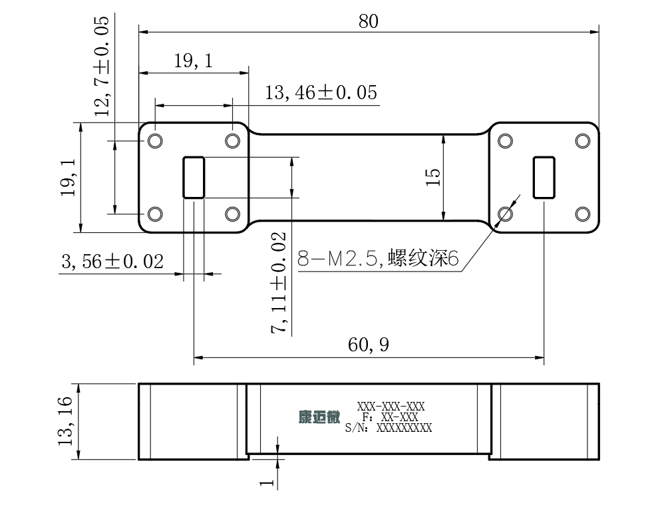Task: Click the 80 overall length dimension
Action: (368, 21)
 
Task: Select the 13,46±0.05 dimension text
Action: (321, 92)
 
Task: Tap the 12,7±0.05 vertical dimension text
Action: (102, 67)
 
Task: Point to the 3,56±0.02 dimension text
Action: (112, 261)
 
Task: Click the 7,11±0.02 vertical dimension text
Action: (279, 283)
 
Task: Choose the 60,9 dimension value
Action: (368, 345)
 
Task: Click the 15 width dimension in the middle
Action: (432, 177)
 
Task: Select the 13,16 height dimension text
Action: (65, 421)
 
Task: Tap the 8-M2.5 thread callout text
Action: (378, 258)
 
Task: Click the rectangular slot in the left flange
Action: (194, 178)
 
